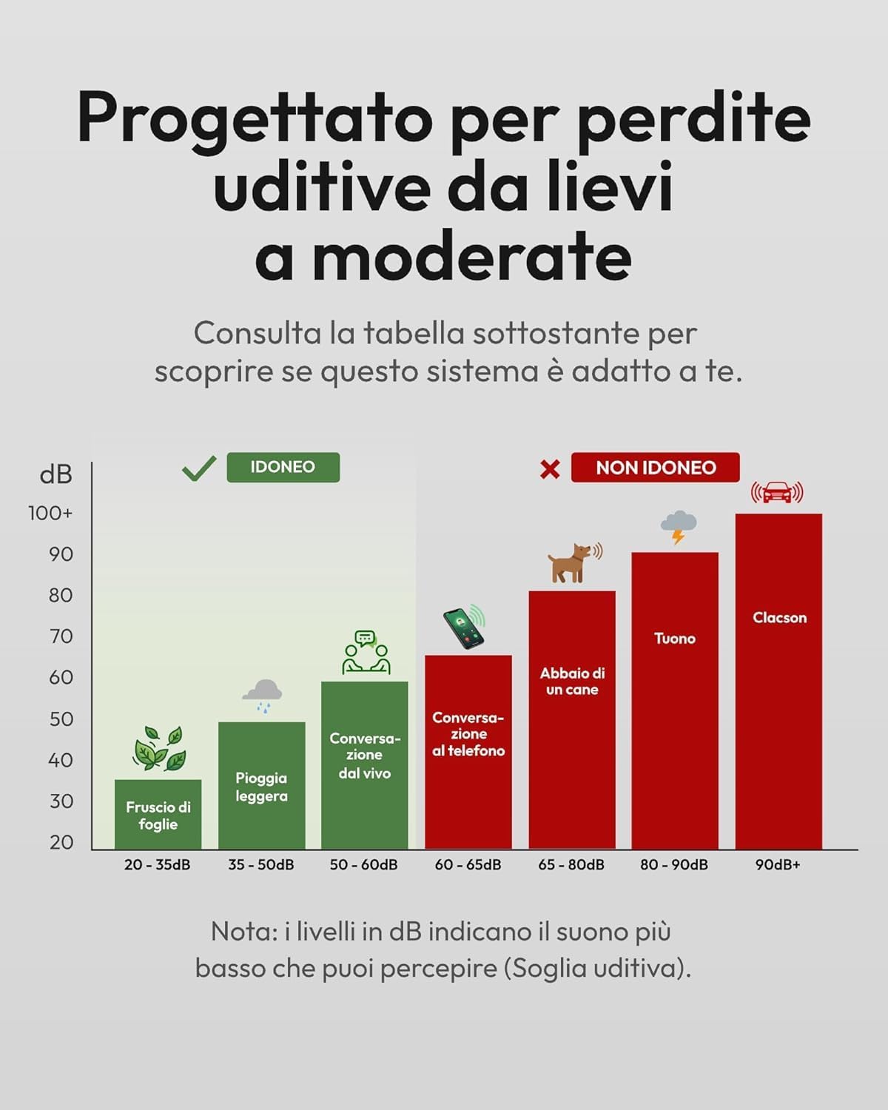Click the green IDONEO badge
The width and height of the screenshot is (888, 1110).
(283, 468)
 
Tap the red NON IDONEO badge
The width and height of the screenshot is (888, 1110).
(656, 468)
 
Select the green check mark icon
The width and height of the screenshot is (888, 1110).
(199, 468)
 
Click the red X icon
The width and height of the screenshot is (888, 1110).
(550, 469)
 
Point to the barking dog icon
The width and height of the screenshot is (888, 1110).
(574, 562)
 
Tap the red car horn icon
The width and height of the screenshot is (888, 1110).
(777, 493)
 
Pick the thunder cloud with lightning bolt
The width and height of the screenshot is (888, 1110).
(679, 527)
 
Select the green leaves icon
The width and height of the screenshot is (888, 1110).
(159, 748)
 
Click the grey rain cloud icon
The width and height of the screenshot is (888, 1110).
(263, 696)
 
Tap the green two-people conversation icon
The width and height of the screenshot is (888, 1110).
(366, 652)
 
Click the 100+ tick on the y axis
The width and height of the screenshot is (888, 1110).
(50, 514)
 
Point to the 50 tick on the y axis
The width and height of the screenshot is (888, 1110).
(61, 719)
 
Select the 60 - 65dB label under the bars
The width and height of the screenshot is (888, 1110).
(468, 864)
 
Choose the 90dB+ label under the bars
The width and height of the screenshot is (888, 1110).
(778, 864)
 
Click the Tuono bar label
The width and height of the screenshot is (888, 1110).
(675, 639)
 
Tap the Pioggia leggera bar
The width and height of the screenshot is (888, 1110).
(262, 785)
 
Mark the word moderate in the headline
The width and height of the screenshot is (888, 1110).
(471, 256)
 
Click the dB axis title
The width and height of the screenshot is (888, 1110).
(55, 474)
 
